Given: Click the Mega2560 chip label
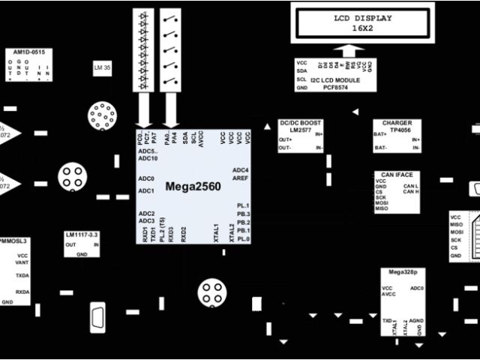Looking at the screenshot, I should (x=193, y=185).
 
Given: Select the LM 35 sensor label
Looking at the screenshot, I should (x=102, y=68).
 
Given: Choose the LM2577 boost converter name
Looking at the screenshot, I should (x=300, y=129).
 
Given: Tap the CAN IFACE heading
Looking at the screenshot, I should (x=396, y=174).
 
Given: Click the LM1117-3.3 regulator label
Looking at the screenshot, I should (x=82, y=235).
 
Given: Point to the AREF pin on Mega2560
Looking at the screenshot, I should (x=240, y=178).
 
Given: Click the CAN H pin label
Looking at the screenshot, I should (x=410, y=192).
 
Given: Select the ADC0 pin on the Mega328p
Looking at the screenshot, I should (x=416, y=288).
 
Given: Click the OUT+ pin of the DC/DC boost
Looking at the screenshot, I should (x=285, y=139).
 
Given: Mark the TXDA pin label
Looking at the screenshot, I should (x=22, y=275).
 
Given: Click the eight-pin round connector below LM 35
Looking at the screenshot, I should (x=101, y=116).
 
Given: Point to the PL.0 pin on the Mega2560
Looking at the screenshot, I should (x=243, y=238).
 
